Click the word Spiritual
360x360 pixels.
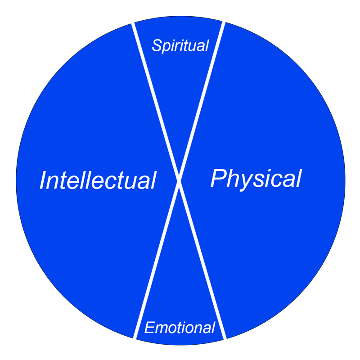click(x=180, y=45)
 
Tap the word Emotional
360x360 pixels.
click(x=180, y=328)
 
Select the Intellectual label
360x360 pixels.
click(x=98, y=180)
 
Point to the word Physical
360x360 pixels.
click(x=256, y=178)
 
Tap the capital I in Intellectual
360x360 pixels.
click(x=43, y=180)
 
